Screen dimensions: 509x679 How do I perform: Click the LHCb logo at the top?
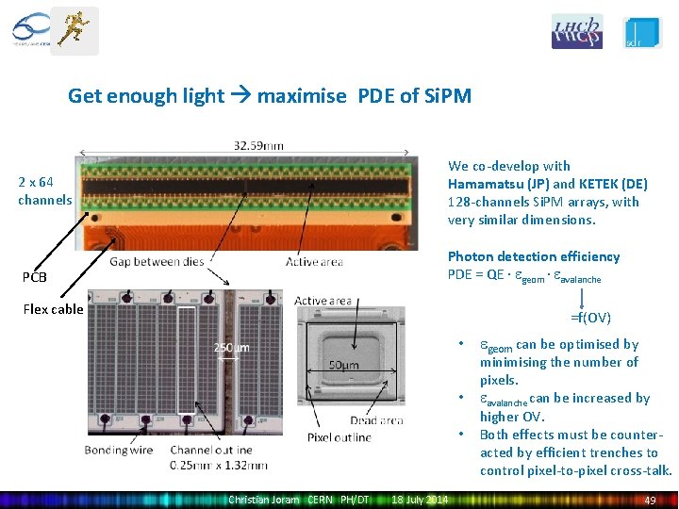pyautogui.click(x=576, y=31)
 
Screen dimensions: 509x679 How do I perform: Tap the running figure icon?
pyautogui.click(x=74, y=29)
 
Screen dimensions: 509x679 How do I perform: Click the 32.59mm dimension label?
pyautogui.click(x=258, y=145)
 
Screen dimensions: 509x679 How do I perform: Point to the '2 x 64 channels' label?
pyautogui.click(x=44, y=190)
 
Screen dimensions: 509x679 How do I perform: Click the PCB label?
pyautogui.click(x=35, y=277)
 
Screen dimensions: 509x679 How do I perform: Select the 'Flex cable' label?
pyautogui.click(x=53, y=309)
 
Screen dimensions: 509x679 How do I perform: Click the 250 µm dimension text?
pyautogui.click(x=231, y=348)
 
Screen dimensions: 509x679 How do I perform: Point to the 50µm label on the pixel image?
pyautogui.click(x=343, y=365)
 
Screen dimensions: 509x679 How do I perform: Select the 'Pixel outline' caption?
pyautogui.click(x=339, y=437)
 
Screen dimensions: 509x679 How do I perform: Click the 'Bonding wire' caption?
pyautogui.click(x=119, y=450)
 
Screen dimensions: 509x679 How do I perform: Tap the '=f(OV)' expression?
pyautogui.click(x=590, y=318)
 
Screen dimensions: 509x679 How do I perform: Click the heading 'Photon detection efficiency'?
pyautogui.click(x=534, y=256)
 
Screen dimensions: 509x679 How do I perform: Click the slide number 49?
pyautogui.click(x=649, y=500)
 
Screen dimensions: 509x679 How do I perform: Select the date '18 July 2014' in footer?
pyautogui.click(x=420, y=500)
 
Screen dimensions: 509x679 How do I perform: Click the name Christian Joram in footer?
pyautogui.click(x=263, y=500)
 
